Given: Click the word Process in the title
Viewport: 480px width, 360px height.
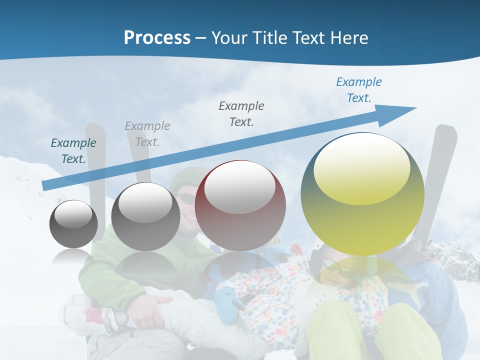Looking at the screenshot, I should pyautogui.click(x=157, y=38).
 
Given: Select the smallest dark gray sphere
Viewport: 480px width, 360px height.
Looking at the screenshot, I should pyautogui.click(x=73, y=224).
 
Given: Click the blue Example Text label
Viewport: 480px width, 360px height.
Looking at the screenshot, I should pyautogui.click(x=359, y=90).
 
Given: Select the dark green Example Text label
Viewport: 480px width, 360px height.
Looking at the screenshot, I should pyautogui.click(x=73, y=151).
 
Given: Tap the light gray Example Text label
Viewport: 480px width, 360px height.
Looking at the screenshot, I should pyautogui.click(x=147, y=134).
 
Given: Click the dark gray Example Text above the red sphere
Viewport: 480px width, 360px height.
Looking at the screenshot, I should pyautogui.click(x=241, y=114).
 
